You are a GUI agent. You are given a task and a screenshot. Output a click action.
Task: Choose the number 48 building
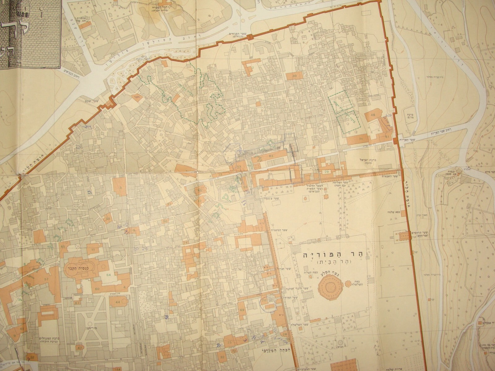[x=372, y=115]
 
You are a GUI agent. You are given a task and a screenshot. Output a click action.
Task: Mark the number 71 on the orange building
[x=360, y=140]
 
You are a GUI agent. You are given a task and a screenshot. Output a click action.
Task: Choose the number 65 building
[x=63, y=246]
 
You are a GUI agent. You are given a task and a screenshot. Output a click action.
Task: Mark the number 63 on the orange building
[x=271, y=156]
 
